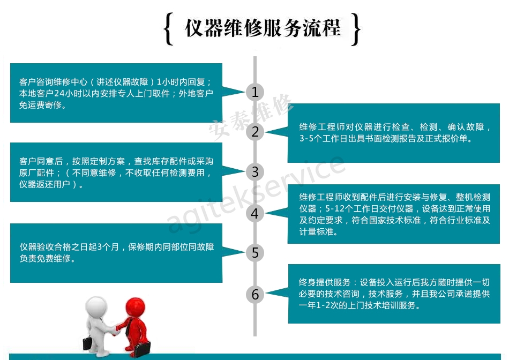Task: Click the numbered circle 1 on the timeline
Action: [x=255, y=92]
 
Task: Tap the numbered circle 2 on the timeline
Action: [x=255, y=132]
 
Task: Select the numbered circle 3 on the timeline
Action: [x=255, y=172]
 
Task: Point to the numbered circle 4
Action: [x=255, y=214]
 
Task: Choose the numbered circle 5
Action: [x=255, y=252]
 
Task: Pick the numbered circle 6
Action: [x=255, y=294]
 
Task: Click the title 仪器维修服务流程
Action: [x=263, y=28]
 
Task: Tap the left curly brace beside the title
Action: [x=169, y=28]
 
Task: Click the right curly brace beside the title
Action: [x=356, y=29]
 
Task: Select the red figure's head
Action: [x=135, y=307]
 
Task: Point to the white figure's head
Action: [x=96, y=306]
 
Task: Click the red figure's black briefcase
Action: [x=142, y=349]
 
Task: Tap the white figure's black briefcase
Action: [x=88, y=343]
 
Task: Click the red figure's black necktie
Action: [x=129, y=327]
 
